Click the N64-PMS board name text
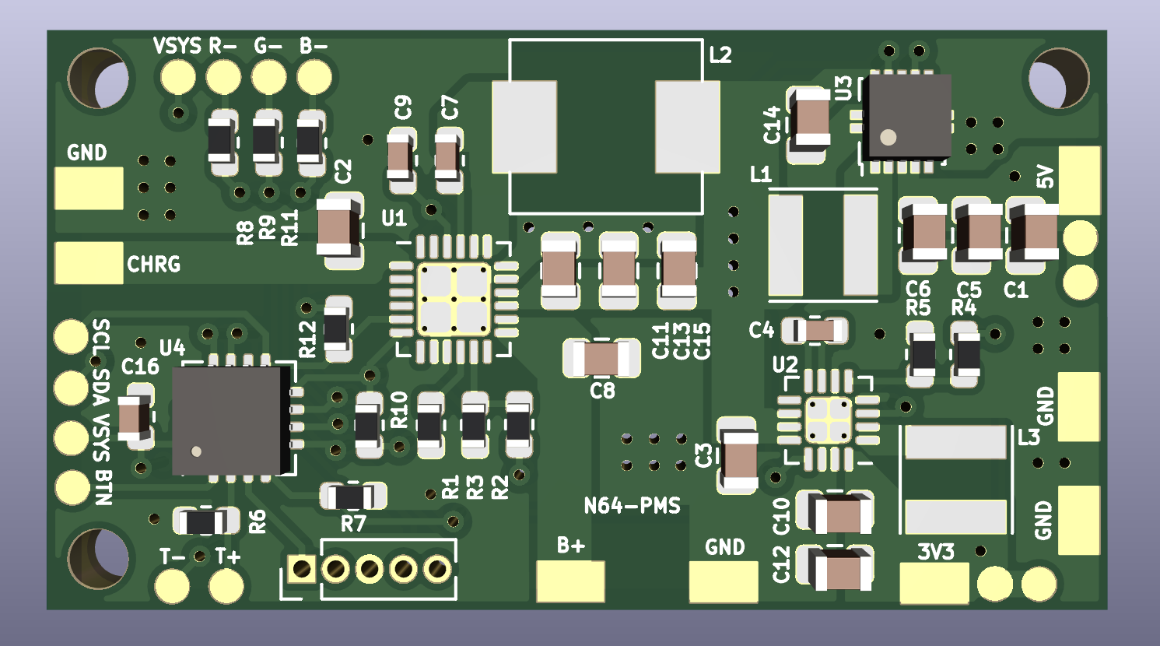coord(633,506)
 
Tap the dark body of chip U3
coord(910,115)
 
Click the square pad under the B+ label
coord(570,581)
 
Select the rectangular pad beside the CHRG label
coord(89,262)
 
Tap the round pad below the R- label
coord(223,78)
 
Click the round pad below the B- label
coord(314,78)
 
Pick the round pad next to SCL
coord(71,336)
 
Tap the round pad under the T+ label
coord(226,586)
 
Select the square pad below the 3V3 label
coord(934,583)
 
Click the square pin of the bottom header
coord(302,569)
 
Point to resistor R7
coord(352,497)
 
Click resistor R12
coord(337,328)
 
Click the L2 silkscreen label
coord(720,55)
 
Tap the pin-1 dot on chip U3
coord(888,137)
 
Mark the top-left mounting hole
coord(98,79)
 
